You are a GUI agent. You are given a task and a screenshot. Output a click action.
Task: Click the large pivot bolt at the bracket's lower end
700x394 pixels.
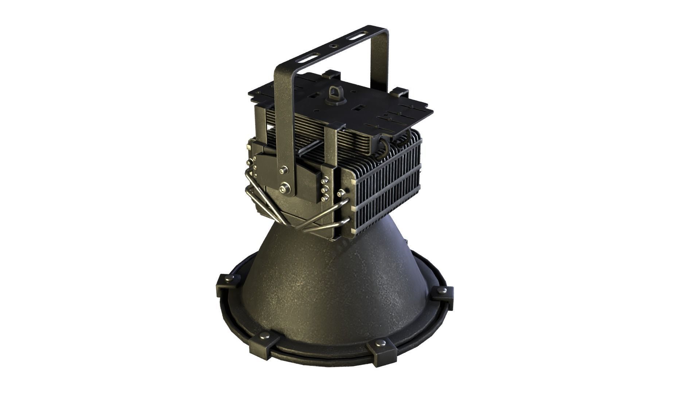[x=285, y=188]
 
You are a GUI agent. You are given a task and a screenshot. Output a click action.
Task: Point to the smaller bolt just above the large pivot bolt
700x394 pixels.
[x=283, y=170]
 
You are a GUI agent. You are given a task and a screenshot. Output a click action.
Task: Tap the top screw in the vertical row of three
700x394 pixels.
[x=324, y=180]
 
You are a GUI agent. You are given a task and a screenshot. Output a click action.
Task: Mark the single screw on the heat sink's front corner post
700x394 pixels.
[x=341, y=193]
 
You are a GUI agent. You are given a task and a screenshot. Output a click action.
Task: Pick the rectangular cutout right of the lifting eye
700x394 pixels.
[x=359, y=108]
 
